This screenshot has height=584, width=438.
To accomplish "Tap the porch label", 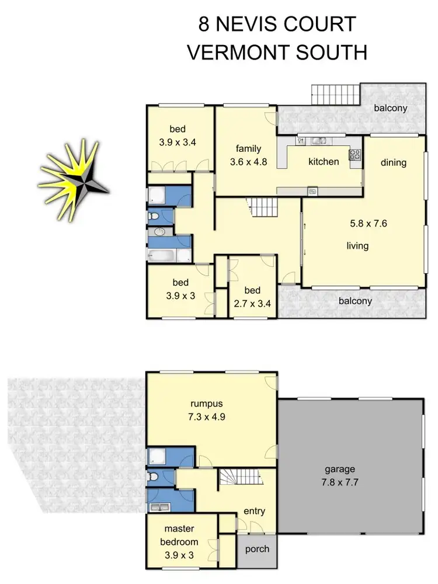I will pyautogui.click(x=258, y=549).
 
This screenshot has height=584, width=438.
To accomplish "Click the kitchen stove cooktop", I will pyautogui.click(x=354, y=155).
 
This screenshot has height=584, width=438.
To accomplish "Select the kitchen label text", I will pyautogui.click(x=324, y=161).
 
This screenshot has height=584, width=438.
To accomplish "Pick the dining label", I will pyautogui.click(x=393, y=162).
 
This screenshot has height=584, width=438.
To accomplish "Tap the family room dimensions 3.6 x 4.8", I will pyautogui.click(x=248, y=162).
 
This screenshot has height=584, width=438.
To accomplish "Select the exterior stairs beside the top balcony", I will pyautogui.click(x=333, y=93).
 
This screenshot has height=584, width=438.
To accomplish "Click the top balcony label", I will pyautogui.click(x=391, y=108).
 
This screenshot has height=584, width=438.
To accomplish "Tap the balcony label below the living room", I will pyautogui.click(x=355, y=301).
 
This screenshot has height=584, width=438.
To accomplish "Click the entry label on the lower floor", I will pyautogui.click(x=255, y=511).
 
